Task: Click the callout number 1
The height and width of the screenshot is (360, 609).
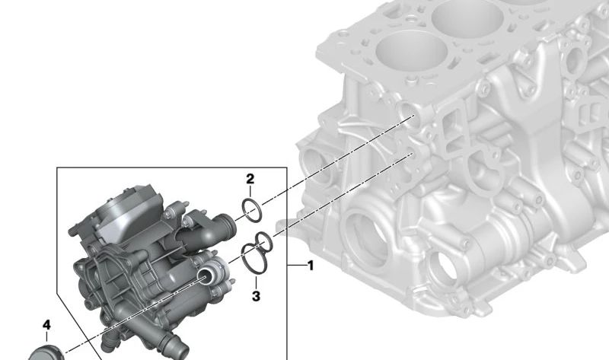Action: [309, 266]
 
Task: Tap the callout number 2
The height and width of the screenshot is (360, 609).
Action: [250, 179]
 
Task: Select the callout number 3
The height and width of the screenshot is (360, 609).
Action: [256, 295]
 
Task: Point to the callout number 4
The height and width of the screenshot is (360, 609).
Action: [46, 325]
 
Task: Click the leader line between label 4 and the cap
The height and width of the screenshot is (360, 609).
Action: [46, 339]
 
